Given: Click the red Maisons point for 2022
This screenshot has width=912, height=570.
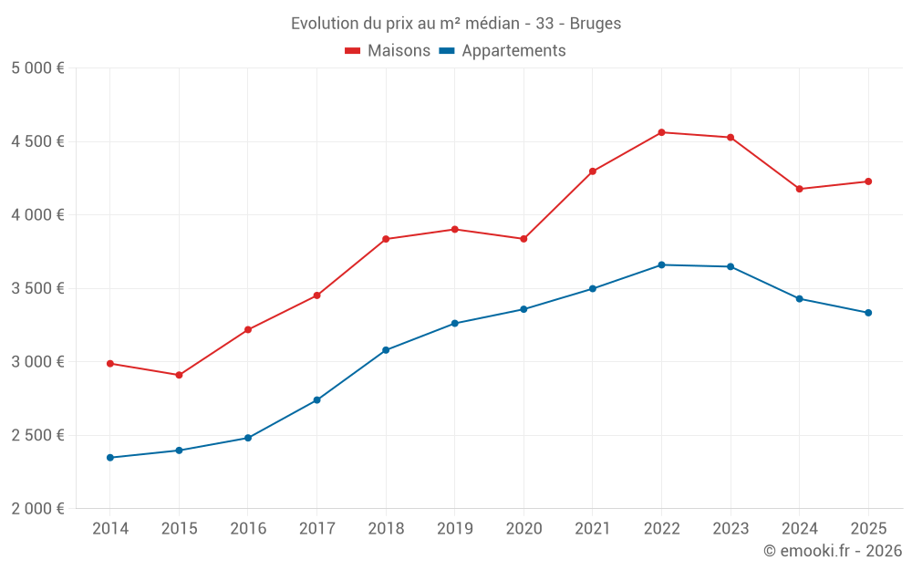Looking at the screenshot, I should tap(661, 132).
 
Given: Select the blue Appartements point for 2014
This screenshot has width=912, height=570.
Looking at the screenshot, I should tap(109, 458).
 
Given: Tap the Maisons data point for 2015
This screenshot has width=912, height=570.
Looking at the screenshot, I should tap(179, 375).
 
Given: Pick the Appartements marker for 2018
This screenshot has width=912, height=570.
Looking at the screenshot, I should tap(386, 350).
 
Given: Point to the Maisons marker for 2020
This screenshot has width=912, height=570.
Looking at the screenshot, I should tap(523, 239).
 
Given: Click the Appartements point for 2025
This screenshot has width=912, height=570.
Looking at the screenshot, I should tap(868, 313).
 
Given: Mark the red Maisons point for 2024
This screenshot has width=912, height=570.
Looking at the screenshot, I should tap(799, 189).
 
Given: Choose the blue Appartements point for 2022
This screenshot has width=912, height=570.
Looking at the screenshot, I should tap(661, 264).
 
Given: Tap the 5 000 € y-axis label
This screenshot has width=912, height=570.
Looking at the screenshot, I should tap(38, 68).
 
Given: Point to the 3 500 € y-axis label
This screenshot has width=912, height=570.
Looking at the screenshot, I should tap(38, 288).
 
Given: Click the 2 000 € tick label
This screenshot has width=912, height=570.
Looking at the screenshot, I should tap(38, 509).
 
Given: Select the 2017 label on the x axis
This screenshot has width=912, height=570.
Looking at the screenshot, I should tap(316, 529).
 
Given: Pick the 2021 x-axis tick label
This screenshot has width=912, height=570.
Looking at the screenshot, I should tap(592, 529).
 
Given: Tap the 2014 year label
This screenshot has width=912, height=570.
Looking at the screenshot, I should tap(109, 529).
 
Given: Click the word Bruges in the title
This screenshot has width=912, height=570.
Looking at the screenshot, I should tap(596, 24).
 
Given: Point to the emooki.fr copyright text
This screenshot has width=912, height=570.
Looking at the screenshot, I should tap(833, 551).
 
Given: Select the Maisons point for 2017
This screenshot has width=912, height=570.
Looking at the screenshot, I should tap(316, 295).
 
